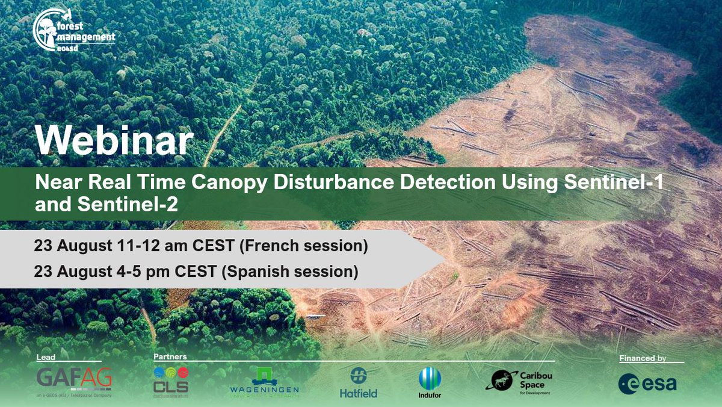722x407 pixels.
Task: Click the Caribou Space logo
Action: click(520, 382)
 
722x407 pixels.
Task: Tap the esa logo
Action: click(647, 384)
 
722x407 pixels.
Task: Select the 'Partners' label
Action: click(169, 356)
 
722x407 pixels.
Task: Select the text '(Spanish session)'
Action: click(289, 272)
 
